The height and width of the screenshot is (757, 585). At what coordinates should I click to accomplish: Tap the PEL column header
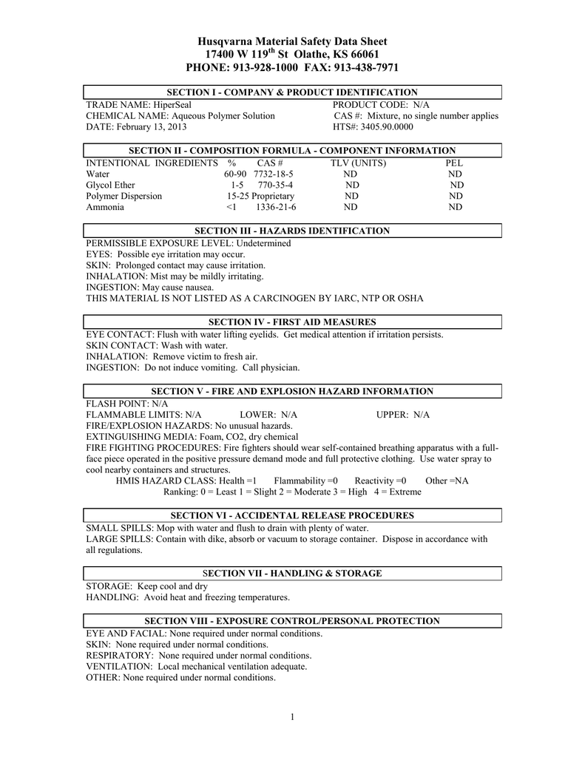click(454, 163)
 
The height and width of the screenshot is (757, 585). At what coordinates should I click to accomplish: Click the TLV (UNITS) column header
click(358, 163)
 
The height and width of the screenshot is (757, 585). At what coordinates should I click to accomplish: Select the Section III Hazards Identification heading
click(291, 231)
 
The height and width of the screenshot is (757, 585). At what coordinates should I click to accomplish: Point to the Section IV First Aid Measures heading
click(293, 322)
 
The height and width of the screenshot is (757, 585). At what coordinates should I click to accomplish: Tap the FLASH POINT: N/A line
click(127, 404)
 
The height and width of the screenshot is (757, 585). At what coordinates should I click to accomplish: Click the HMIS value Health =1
click(231, 481)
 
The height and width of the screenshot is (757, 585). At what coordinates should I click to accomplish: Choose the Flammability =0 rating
click(305, 481)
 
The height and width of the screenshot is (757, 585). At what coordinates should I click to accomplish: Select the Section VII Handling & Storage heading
click(292, 573)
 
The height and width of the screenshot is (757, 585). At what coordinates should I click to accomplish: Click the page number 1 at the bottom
click(293, 716)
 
